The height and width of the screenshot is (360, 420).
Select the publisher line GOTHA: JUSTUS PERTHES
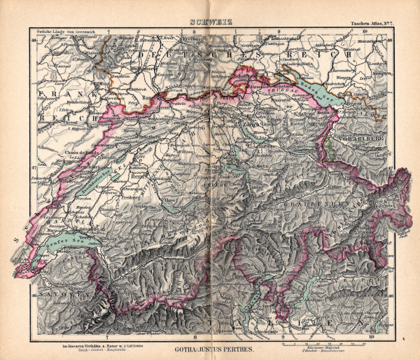coord(209,348)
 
